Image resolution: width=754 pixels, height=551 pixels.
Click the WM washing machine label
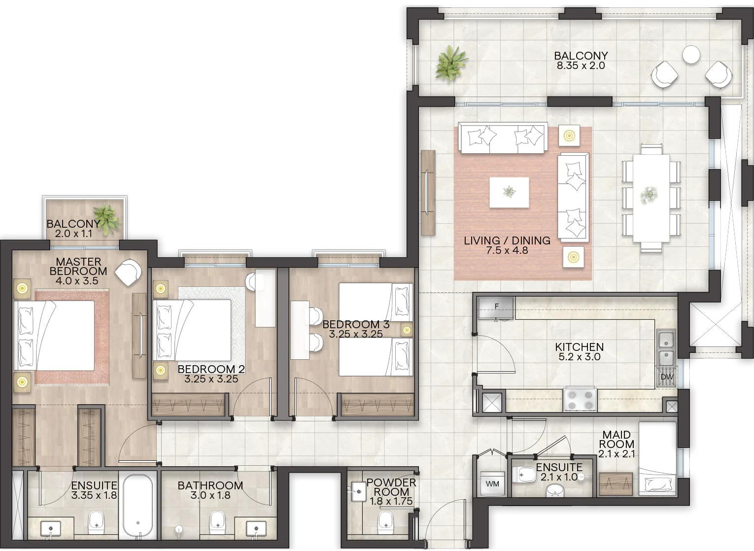(492, 484)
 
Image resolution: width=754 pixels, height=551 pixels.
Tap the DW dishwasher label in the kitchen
(667, 377)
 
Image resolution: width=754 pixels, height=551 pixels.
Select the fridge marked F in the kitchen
(496, 308)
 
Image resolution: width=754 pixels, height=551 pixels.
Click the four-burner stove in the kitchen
(580, 400)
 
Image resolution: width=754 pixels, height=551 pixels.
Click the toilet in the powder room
(385, 521)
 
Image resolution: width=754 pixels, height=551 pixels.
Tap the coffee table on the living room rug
(509, 193)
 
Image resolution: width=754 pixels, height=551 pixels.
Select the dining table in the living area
(651, 198)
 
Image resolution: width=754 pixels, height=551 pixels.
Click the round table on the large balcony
(691, 55)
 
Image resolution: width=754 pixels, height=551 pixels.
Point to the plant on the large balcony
(451, 63)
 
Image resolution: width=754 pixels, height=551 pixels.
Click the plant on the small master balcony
(107, 219)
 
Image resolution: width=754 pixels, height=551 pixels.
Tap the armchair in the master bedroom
(128, 273)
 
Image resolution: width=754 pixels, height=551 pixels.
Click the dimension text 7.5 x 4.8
(507, 250)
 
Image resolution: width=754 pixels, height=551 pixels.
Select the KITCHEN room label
(580, 347)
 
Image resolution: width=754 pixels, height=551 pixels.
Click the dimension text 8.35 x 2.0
(581, 66)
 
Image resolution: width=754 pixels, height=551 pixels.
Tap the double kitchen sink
(666, 348)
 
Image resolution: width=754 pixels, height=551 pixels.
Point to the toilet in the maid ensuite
(524, 475)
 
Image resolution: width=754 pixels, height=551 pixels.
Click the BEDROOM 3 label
(356, 324)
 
